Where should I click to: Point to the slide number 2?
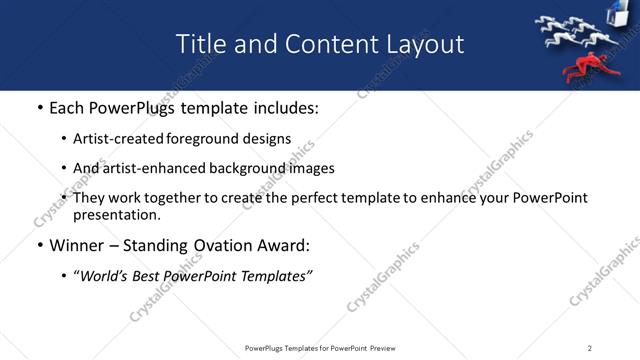(590, 348)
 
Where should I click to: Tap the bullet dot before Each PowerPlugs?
(39, 108)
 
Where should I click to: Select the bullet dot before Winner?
(39, 245)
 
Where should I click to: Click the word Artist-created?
(110, 139)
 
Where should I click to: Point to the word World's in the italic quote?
(107, 275)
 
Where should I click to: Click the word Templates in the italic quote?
(274, 275)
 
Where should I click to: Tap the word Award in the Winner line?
(281, 245)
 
